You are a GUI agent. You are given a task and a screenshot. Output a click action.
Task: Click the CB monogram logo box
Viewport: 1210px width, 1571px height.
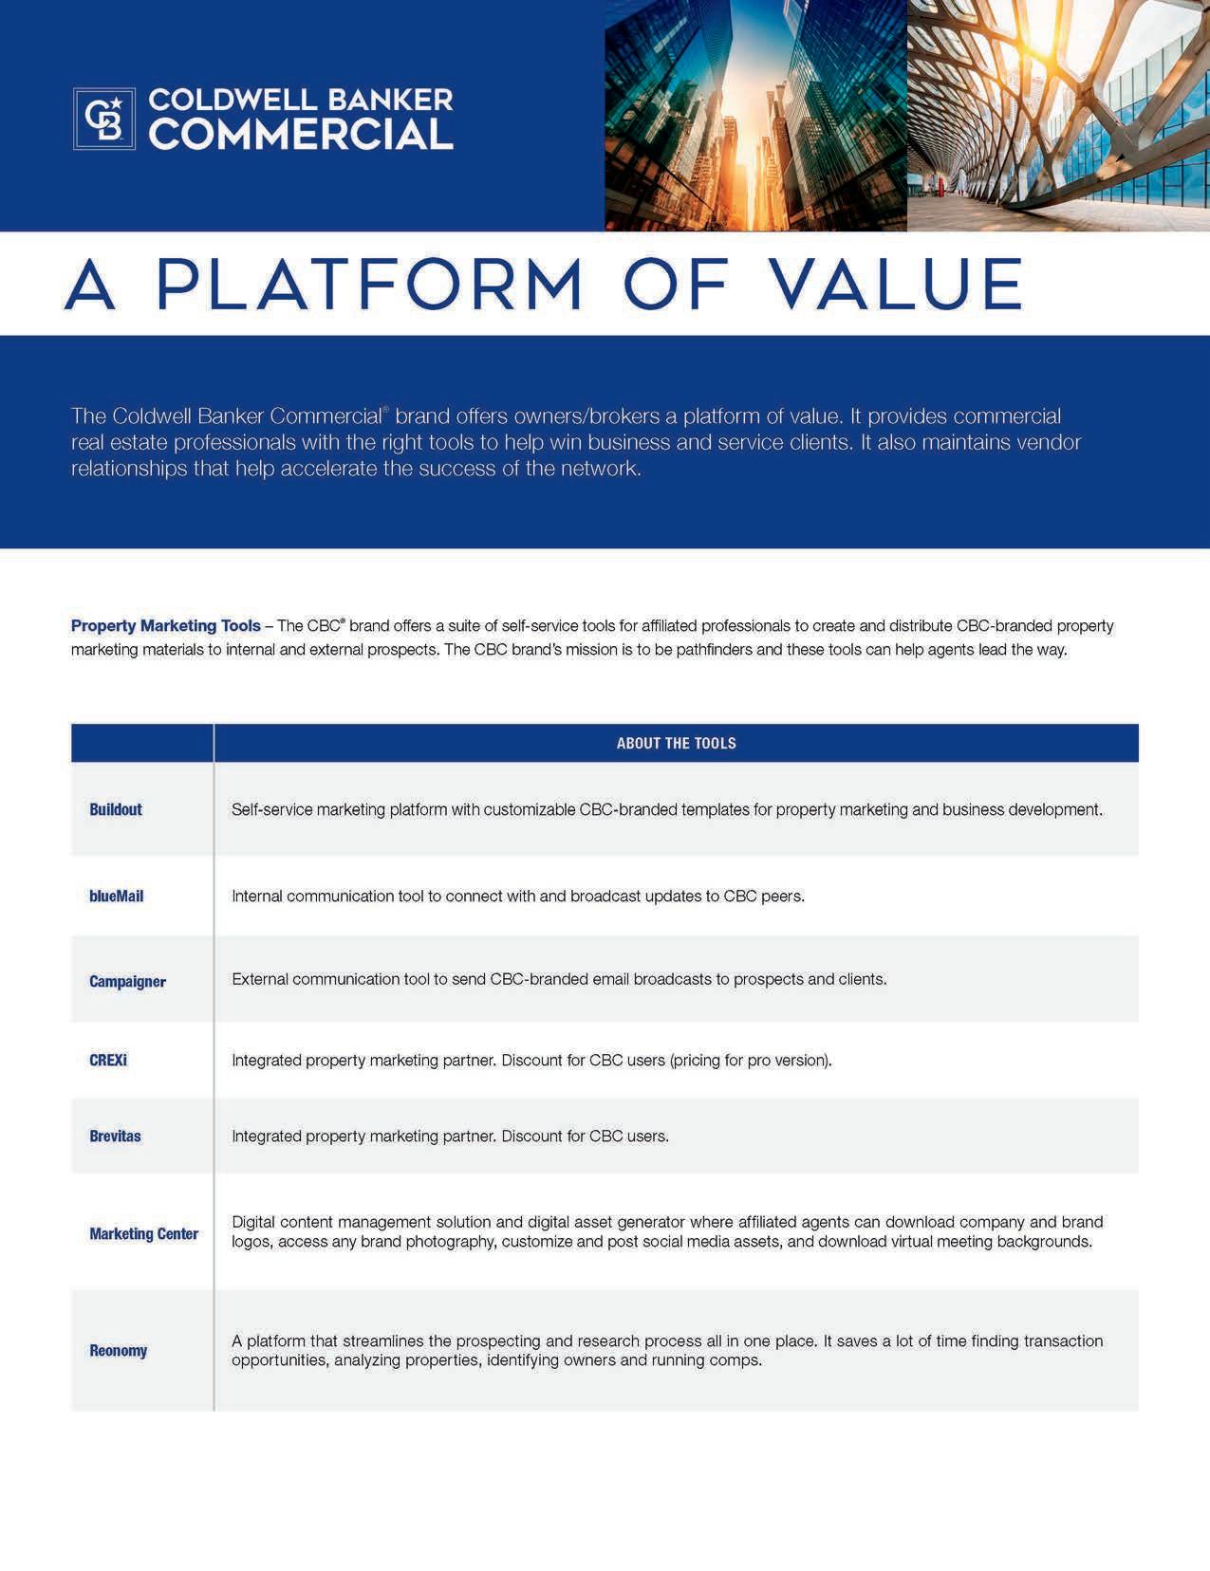tap(104, 119)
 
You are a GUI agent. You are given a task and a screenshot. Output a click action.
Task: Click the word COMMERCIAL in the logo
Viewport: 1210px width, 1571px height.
tap(301, 135)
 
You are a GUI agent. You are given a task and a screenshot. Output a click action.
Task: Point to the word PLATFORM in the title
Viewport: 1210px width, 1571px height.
tap(369, 284)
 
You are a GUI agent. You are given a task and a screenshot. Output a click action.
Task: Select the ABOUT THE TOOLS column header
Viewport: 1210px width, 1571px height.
tap(676, 743)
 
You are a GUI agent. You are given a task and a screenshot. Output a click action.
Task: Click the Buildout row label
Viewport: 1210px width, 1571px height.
tap(116, 809)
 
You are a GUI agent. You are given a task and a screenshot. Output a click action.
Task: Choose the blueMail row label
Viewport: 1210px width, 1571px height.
tap(116, 896)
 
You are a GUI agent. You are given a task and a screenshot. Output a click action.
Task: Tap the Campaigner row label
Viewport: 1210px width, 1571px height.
tap(127, 981)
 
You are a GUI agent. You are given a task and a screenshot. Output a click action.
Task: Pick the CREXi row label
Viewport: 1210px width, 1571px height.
tap(108, 1060)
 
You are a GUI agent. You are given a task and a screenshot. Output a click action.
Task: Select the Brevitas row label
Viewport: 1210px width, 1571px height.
tap(115, 1136)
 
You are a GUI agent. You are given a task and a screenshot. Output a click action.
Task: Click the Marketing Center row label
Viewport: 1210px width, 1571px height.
tap(143, 1233)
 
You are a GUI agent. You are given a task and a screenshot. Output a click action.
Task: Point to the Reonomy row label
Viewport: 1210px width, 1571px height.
tap(118, 1350)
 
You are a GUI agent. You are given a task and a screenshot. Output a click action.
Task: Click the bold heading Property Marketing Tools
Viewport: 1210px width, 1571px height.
tap(165, 626)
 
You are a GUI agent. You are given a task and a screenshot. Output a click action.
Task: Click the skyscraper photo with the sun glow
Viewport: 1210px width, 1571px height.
tap(755, 115)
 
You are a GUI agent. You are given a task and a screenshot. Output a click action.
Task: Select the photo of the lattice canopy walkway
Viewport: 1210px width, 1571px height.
tap(1058, 115)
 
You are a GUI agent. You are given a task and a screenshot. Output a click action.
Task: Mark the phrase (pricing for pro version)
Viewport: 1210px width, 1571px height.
tap(751, 1060)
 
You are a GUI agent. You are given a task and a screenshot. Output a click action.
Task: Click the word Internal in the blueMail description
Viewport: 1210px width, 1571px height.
tap(257, 896)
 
